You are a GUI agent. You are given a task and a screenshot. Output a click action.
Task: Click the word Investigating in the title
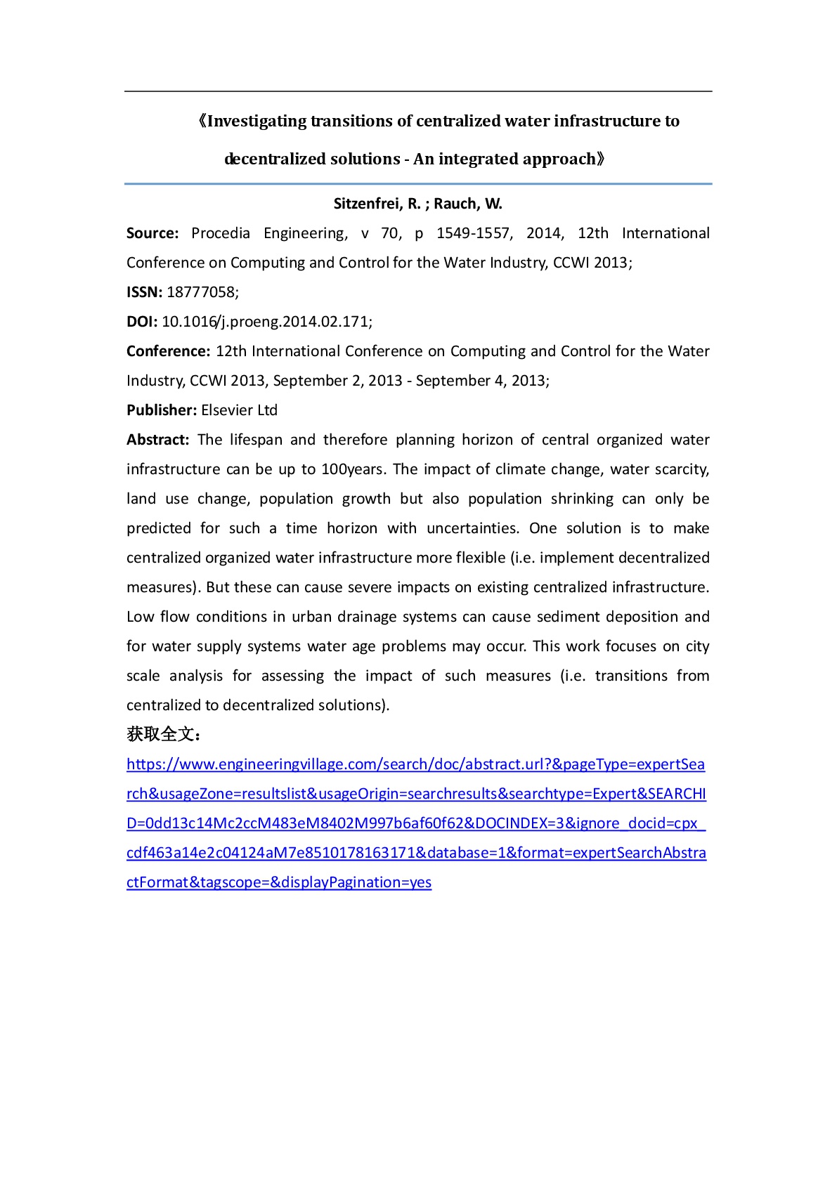point(257,122)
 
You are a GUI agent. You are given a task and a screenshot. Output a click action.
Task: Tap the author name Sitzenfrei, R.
point(377,204)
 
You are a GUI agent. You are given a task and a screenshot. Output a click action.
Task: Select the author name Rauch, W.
point(468,204)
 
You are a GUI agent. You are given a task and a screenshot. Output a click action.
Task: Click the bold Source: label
point(153,233)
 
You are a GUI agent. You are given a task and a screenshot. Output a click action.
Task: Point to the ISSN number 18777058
point(200,292)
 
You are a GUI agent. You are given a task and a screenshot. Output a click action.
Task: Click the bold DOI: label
point(142,322)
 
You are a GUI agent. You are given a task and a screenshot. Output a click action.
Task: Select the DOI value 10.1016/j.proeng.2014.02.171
point(265,322)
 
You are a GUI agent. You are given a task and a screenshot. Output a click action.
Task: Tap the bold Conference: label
point(168,351)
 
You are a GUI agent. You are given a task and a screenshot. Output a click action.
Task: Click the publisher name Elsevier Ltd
point(239,410)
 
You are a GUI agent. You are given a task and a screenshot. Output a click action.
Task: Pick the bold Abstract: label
point(157,440)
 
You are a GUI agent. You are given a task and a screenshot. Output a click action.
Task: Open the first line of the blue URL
point(415,764)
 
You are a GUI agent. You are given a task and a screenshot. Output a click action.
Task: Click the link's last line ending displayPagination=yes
point(279,882)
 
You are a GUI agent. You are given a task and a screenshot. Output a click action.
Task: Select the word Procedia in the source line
point(221,233)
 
